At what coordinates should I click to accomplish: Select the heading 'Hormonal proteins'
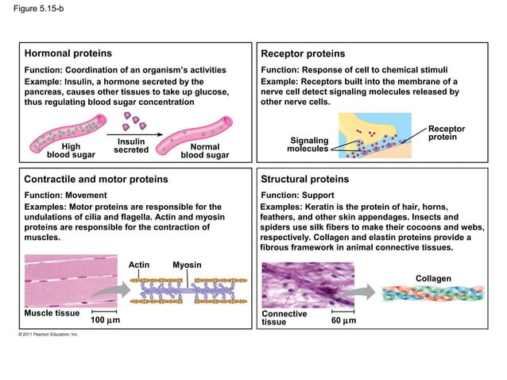[68, 54]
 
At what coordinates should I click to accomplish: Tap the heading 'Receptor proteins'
[303, 54]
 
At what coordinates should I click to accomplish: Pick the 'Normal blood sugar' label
[205, 151]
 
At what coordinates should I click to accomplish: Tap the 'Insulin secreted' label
[131, 145]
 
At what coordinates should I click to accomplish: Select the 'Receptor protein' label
[447, 134]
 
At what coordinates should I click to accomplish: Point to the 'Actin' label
[139, 265]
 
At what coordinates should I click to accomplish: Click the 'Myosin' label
[187, 265]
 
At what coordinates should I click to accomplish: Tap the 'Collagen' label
[433, 278]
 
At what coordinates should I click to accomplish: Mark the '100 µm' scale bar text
[105, 320]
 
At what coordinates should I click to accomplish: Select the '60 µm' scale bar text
[343, 320]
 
